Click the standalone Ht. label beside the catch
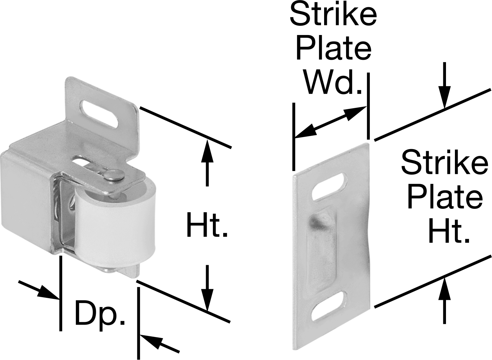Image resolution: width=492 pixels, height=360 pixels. [207, 224]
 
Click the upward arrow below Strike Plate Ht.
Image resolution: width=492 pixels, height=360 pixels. [445, 301]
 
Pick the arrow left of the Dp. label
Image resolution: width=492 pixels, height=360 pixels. [39, 290]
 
